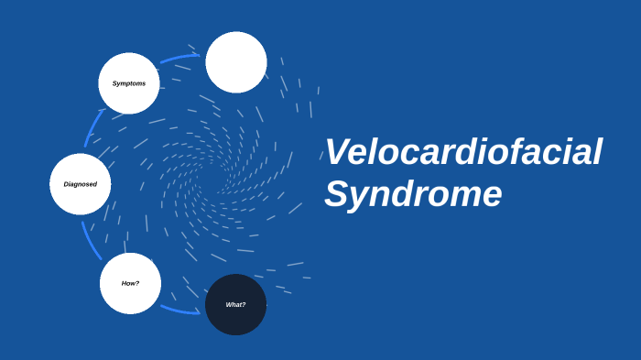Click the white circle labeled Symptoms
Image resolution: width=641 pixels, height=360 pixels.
(x=129, y=83)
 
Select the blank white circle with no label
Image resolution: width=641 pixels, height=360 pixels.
(x=236, y=62)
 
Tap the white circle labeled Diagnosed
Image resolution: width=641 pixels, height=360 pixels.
(x=81, y=184)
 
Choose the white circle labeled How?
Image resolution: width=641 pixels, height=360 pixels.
(x=130, y=283)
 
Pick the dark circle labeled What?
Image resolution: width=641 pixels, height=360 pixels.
(x=235, y=304)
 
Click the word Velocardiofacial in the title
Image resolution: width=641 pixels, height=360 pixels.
(x=463, y=152)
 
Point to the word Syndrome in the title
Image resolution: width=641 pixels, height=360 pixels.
(x=413, y=194)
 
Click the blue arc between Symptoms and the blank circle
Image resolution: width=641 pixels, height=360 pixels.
(x=180, y=58)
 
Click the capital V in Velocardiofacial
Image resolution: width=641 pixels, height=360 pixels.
(x=339, y=152)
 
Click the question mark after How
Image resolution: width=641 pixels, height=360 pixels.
(x=137, y=283)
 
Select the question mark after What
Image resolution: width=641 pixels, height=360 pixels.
(x=244, y=304)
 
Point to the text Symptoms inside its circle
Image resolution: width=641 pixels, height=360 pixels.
(x=129, y=83)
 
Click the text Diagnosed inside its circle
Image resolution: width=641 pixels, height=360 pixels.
(x=81, y=184)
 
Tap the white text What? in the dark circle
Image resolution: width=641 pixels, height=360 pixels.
(x=235, y=304)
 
